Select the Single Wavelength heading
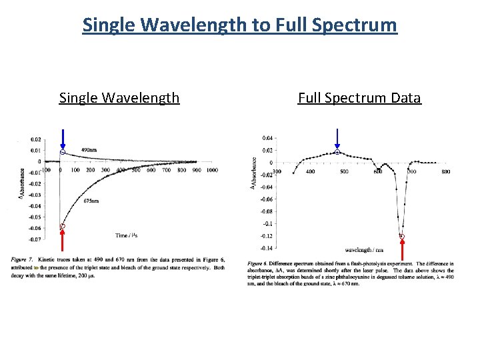pyautogui.click(x=119, y=98)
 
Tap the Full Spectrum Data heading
pyautogui.click(x=359, y=98)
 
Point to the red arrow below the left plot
pyautogui.click(x=62, y=243)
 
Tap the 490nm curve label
pyautogui.click(x=89, y=150)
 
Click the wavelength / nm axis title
pyautogui.click(x=365, y=251)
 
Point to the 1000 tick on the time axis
pyautogui.click(x=211, y=170)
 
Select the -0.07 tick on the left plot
pyautogui.click(x=34, y=239)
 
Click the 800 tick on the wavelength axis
pyautogui.click(x=445, y=172)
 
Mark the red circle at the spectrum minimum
pyautogui.click(x=402, y=236)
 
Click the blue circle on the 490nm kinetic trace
pyautogui.click(x=62, y=153)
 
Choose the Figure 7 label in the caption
pyautogui.click(x=22, y=257)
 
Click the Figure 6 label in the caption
pyautogui.click(x=258, y=263)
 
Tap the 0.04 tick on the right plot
pyautogui.click(x=266, y=138)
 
